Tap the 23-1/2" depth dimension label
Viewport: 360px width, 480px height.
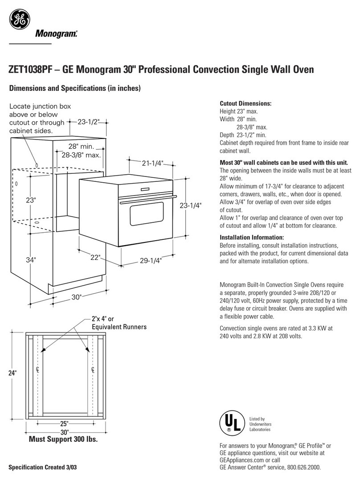(x=88, y=121)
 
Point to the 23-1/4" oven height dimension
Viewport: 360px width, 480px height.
(x=191, y=205)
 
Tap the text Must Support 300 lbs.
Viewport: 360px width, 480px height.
(x=63, y=439)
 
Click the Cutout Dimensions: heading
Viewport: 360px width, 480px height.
(x=245, y=104)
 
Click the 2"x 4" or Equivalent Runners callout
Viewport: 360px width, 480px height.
(x=119, y=323)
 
